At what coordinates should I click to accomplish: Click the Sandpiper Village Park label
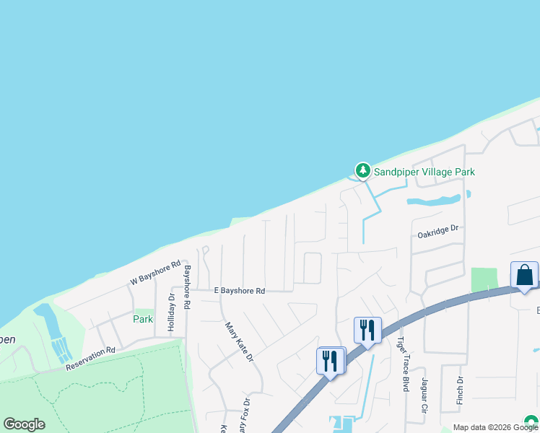(x=424, y=172)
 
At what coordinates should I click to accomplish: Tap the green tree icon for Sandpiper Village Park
(x=362, y=171)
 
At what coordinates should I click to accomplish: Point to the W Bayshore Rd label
(x=154, y=273)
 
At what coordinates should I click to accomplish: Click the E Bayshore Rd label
(x=239, y=291)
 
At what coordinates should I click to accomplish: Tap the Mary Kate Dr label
(x=239, y=341)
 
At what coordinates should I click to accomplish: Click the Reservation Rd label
(x=90, y=357)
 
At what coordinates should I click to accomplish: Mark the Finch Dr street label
(x=460, y=390)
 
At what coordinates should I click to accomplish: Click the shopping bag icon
(x=524, y=275)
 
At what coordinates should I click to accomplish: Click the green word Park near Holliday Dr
(x=143, y=318)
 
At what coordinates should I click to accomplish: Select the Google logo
(x=25, y=424)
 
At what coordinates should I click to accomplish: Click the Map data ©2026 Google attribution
(x=496, y=427)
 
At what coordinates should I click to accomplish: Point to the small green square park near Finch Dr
(x=484, y=279)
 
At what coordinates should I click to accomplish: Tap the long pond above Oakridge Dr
(x=433, y=201)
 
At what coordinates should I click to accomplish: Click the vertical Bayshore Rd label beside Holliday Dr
(x=186, y=287)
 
